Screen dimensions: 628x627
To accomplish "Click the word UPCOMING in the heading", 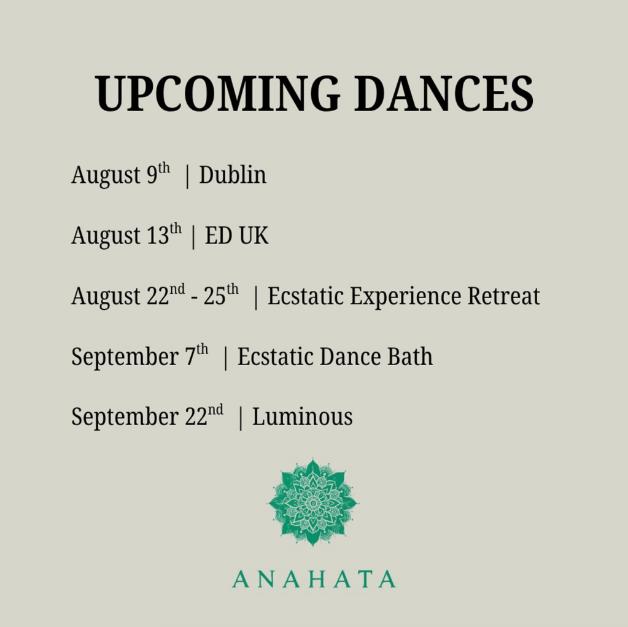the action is coord(218,94).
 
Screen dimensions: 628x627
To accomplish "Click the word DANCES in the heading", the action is coord(444,94).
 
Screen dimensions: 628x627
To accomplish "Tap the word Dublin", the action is coord(233,175).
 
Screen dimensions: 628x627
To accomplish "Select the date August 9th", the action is coord(120,175).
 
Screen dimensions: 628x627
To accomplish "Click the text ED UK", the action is coord(236,235).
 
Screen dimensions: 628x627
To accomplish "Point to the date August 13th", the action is coord(126,235).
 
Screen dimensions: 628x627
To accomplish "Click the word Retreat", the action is coord(504,296).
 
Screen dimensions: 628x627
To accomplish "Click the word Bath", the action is coord(410,356).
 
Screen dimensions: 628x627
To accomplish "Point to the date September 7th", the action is coord(140,356).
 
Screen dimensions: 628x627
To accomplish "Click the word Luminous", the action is coord(303,417).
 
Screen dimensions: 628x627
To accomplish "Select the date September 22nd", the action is coord(147,417).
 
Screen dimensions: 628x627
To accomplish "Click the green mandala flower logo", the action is coord(313,502).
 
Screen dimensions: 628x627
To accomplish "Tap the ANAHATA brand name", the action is coord(314,579).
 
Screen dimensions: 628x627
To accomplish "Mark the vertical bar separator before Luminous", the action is coord(240,418).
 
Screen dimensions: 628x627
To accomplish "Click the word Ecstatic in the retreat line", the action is coord(306,296).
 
